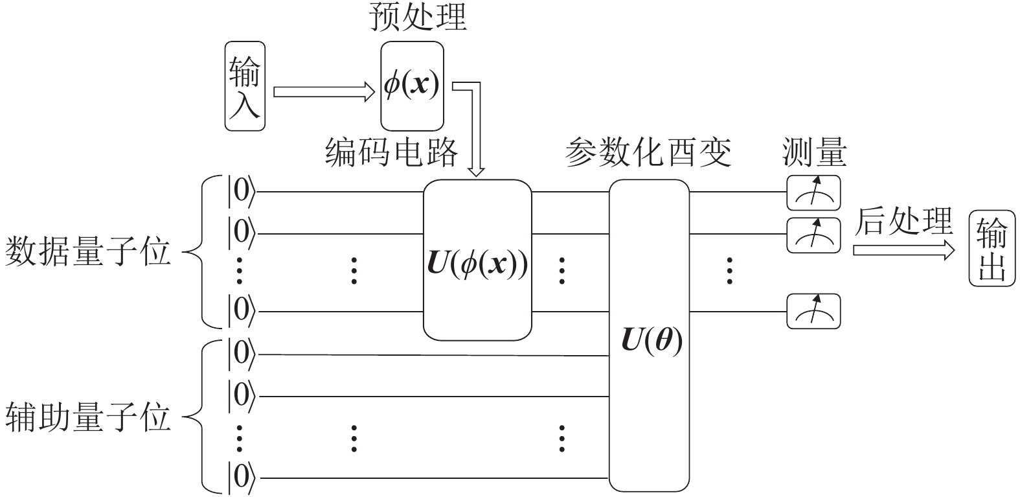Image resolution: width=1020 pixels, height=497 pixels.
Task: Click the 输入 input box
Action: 245,86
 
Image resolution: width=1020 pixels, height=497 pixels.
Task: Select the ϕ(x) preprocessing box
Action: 412,86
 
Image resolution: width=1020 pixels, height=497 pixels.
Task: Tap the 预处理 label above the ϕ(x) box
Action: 418,18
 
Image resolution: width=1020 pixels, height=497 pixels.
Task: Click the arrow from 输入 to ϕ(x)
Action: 324,92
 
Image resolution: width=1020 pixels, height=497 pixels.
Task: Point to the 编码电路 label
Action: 391,153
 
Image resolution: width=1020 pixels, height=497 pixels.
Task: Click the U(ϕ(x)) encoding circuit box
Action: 477,259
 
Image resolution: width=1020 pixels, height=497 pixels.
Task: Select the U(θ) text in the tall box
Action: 652,341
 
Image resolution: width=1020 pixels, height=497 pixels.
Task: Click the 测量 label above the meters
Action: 814,153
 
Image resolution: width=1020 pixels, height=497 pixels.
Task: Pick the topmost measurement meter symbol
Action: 813,192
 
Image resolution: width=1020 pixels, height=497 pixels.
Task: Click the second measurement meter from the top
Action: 813,235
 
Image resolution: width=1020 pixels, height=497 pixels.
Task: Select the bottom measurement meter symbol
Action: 813,311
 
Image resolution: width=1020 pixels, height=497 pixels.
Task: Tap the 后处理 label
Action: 904,221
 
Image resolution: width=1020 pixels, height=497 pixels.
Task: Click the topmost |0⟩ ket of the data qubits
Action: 241,192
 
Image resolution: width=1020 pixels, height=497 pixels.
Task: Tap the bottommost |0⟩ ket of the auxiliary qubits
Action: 241,478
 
